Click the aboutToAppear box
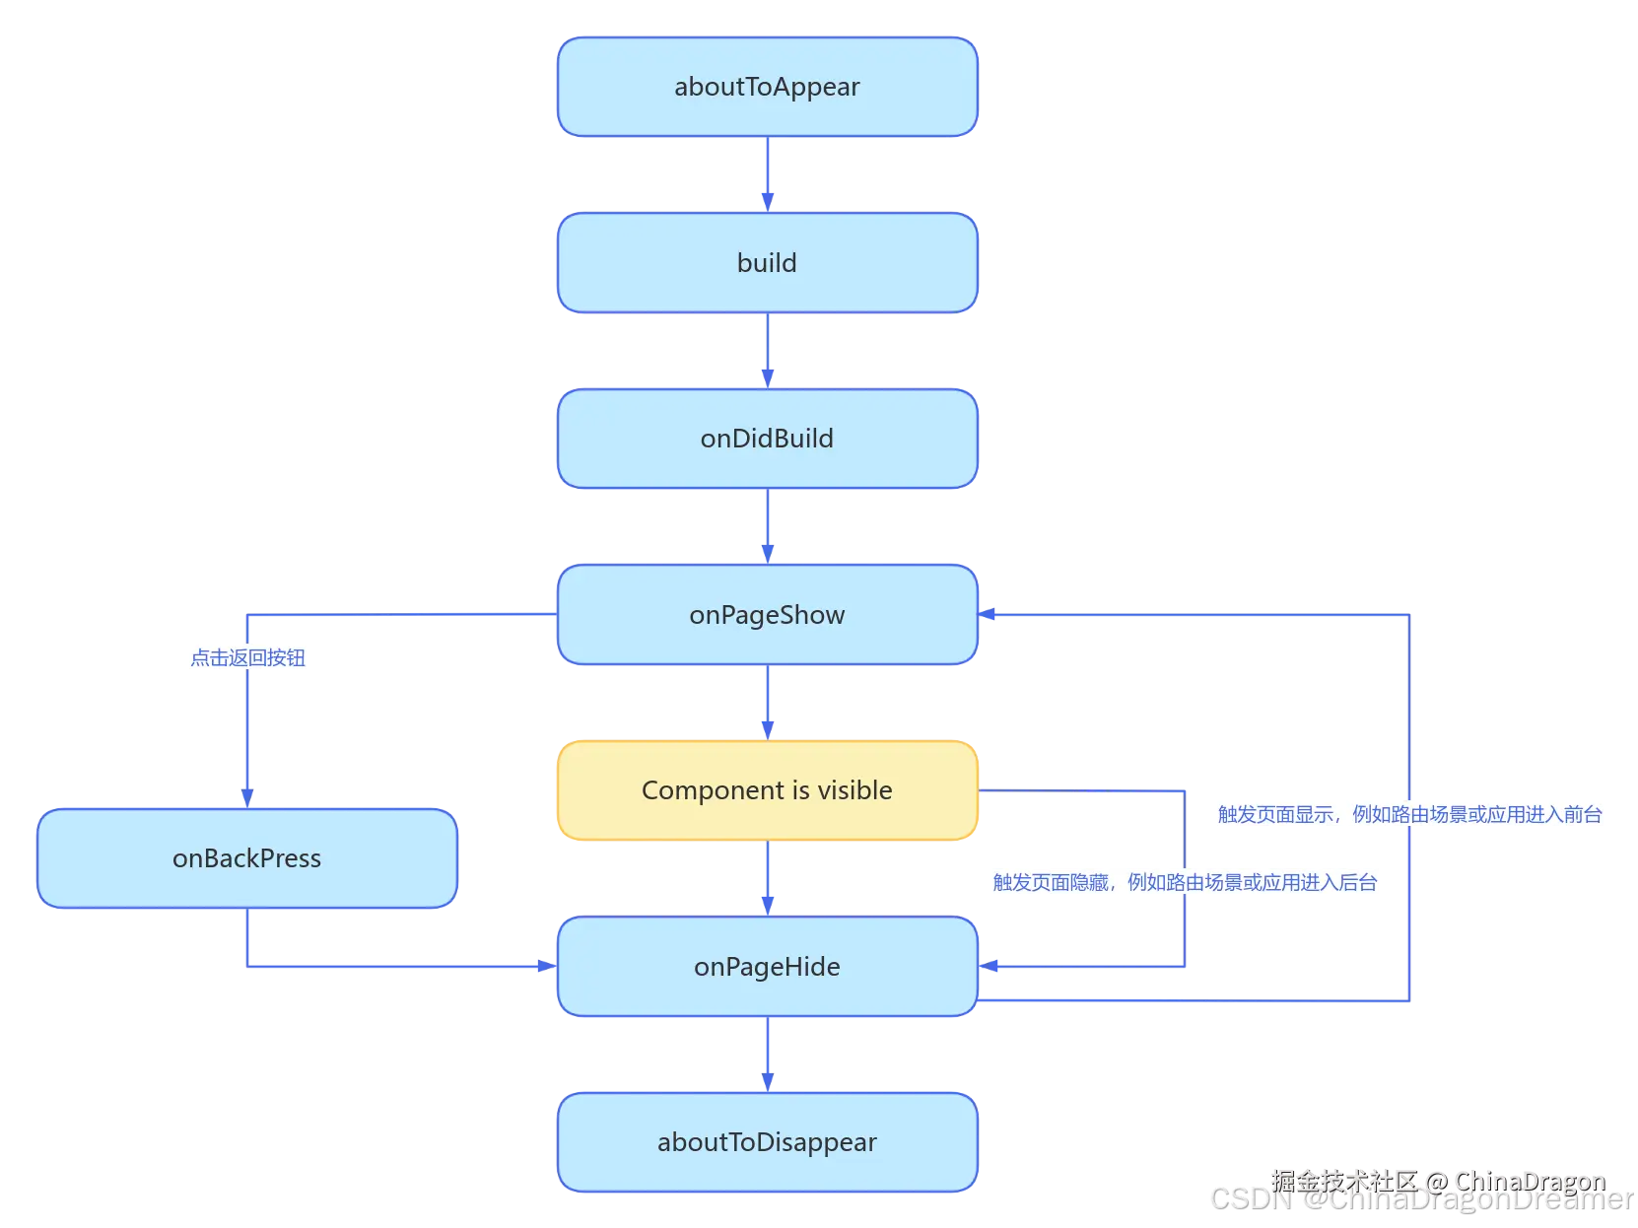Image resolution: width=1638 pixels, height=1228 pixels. coord(767,87)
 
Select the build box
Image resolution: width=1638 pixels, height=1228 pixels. coord(767,262)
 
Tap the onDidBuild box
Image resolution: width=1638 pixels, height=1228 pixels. coord(767,439)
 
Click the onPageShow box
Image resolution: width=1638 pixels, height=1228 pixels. coord(767,615)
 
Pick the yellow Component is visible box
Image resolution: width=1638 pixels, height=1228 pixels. coord(767,790)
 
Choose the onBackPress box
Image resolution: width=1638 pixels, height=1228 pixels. coord(247,858)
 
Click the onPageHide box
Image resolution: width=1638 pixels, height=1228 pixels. coord(767,967)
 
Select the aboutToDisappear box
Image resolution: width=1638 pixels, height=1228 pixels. coord(767,1143)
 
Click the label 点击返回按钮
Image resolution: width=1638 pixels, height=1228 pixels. coord(247,658)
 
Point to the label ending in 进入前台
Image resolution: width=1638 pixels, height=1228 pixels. coord(1409,815)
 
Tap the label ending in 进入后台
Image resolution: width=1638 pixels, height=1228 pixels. coord(1185,883)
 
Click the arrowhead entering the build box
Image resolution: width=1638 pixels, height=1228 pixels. coord(768,203)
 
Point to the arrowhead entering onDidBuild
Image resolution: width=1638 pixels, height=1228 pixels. coord(768,379)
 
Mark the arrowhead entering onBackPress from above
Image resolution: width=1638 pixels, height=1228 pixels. coord(247,799)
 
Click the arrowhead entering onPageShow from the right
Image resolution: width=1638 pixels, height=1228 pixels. coord(988,614)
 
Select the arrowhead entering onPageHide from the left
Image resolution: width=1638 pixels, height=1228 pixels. coord(548,966)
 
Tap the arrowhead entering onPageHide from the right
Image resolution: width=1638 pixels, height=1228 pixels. coord(989,966)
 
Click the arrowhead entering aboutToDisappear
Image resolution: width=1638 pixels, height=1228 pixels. coord(768,1083)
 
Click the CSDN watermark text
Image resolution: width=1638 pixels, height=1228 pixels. coord(1422,1199)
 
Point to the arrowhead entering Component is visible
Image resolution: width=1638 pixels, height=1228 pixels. coord(768,731)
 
